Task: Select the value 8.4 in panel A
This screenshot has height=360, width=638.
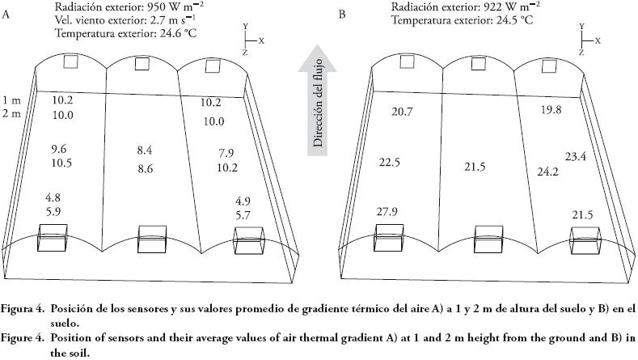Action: (145, 150)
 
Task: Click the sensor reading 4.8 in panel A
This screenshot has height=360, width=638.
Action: (61, 197)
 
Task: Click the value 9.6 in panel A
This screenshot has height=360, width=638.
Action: (60, 150)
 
